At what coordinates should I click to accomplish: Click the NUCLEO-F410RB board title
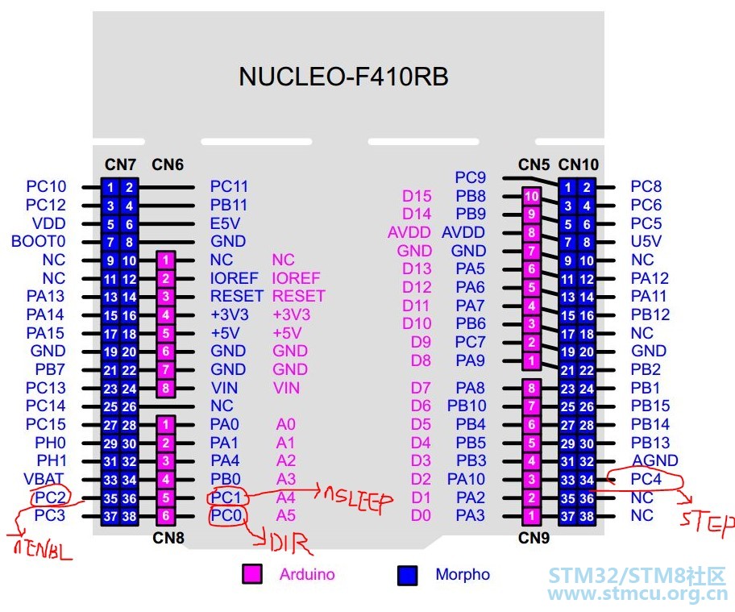(x=343, y=77)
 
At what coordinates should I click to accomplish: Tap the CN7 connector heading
(x=120, y=164)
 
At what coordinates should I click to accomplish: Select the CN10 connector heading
(x=579, y=164)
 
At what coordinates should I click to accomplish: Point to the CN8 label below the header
(x=168, y=538)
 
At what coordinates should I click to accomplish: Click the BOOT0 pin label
(x=39, y=242)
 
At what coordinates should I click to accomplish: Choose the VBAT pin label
(x=44, y=479)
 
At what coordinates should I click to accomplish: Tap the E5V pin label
(x=225, y=223)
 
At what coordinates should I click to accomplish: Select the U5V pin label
(x=646, y=242)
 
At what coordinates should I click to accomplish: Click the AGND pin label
(x=655, y=460)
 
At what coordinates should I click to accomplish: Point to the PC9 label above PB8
(x=470, y=177)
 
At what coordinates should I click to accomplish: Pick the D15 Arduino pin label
(x=417, y=196)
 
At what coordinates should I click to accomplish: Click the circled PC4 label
(x=646, y=479)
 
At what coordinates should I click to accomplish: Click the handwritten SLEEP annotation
(x=358, y=499)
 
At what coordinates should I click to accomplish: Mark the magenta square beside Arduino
(x=251, y=574)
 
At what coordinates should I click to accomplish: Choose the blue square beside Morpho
(x=407, y=575)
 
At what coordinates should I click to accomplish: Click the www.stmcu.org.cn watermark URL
(x=637, y=593)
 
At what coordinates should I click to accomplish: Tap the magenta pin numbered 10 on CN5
(x=531, y=196)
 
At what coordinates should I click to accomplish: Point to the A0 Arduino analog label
(x=285, y=424)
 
